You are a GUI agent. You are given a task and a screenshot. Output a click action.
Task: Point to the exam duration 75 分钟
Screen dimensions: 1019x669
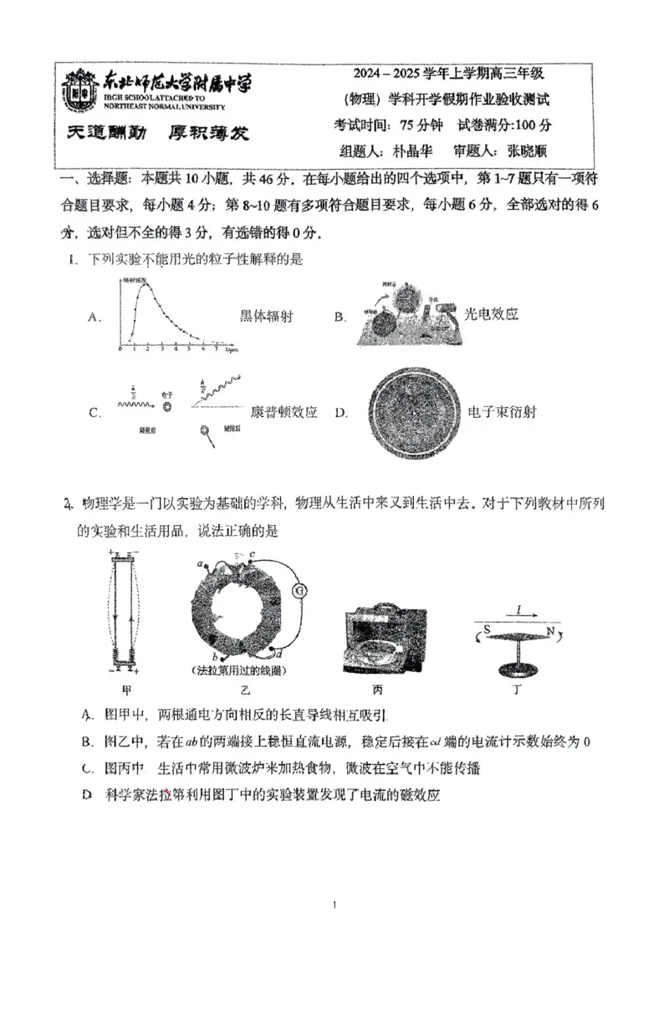[x=425, y=125]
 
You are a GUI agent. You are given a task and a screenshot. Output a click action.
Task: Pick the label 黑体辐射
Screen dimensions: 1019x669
[x=267, y=316]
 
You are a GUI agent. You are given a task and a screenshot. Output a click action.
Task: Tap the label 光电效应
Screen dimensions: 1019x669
[x=492, y=314]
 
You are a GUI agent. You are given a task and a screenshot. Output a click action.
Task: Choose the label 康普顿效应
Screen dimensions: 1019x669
[x=284, y=412]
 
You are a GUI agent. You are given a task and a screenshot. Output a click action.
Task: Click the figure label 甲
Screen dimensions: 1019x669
[x=127, y=690]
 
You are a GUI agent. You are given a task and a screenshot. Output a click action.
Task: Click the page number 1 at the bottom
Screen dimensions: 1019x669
[x=334, y=904]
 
